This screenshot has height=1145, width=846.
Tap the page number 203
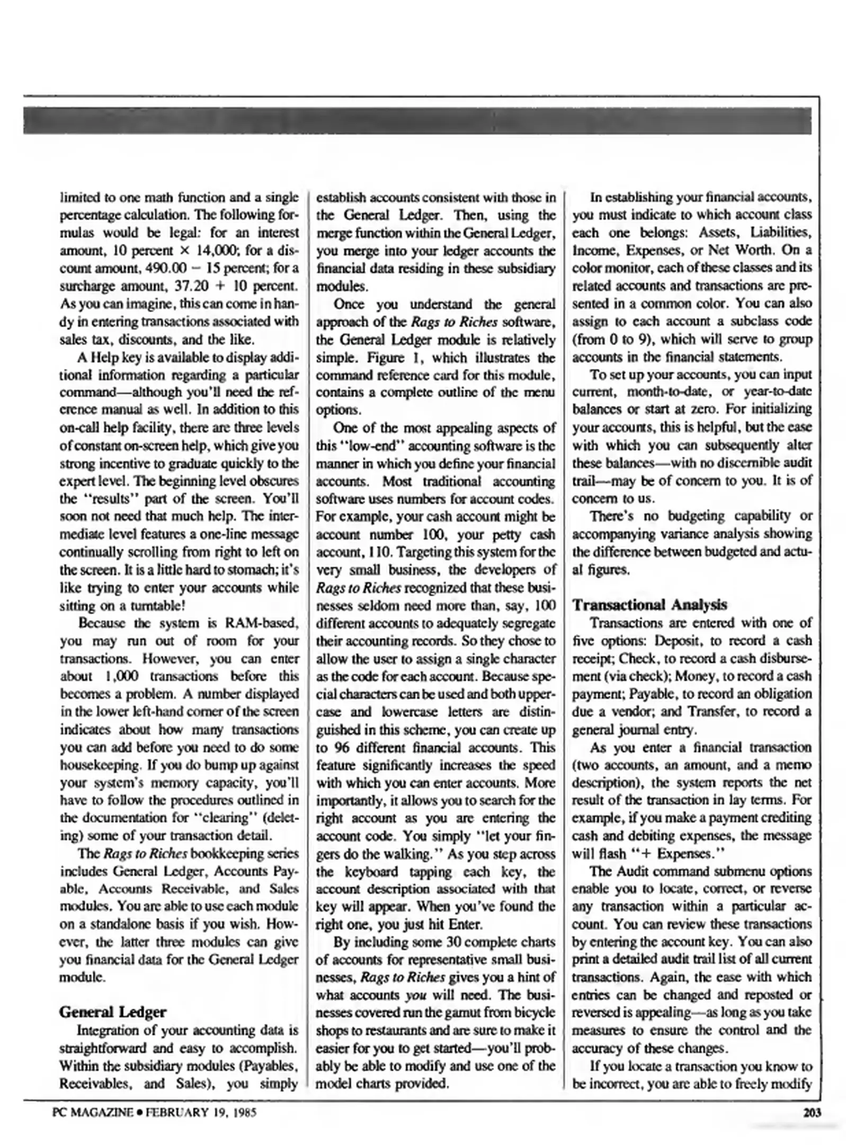(812, 1113)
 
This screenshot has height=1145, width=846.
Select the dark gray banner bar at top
(417, 120)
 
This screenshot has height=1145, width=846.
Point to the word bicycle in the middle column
(533, 1013)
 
